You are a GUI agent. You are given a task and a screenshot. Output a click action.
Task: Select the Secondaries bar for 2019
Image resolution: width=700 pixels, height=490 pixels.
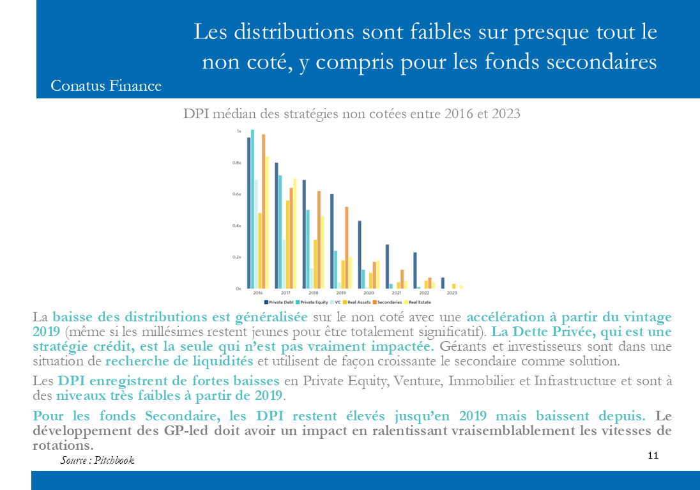coord(347,247)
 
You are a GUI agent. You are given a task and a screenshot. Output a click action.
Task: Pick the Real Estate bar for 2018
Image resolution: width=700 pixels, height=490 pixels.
coord(323,252)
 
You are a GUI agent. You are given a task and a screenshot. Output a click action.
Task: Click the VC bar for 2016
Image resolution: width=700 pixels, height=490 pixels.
coord(256,234)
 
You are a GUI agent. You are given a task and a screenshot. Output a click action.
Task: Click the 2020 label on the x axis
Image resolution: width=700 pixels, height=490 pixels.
coord(369,293)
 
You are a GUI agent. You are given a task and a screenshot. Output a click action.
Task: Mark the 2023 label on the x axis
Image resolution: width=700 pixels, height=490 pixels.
coord(452,293)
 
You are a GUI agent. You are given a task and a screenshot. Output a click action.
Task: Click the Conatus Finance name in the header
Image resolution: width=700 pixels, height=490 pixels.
coord(106,86)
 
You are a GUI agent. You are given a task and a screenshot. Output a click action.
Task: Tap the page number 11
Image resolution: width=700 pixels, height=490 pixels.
coord(653,456)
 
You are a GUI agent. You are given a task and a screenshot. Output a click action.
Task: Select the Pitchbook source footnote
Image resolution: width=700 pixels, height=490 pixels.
coord(98,461)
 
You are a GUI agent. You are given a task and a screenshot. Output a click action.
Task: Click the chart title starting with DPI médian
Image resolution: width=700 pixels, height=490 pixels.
coord(351,114)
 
